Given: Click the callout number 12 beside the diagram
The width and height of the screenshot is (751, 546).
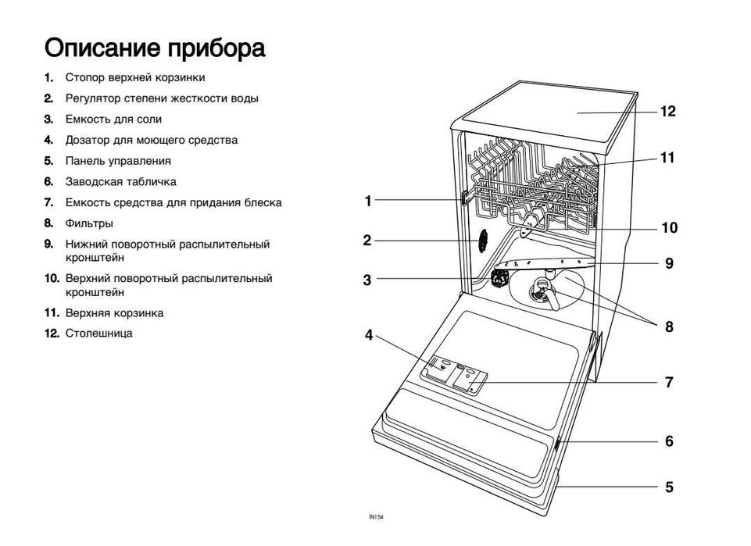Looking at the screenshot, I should tap(667, 112).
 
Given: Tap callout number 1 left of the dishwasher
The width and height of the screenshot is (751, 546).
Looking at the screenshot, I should tap(368, 201).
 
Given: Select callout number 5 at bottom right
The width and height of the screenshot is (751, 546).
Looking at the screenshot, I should tap(669, 487).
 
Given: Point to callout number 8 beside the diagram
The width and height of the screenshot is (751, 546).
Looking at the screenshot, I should tap(669, 327).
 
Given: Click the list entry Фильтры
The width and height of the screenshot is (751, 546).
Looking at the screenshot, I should tap(89, 223).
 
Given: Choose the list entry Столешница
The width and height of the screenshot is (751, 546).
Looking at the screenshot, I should tap(98, 334).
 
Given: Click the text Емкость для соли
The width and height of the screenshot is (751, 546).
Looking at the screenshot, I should tap(113, 120).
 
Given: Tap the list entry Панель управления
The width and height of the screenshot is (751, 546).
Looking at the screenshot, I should tap(118, 161).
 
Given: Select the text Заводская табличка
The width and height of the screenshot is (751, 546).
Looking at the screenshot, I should tap(120, 182).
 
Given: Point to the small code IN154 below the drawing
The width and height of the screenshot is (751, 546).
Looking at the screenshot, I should tap(377, 517).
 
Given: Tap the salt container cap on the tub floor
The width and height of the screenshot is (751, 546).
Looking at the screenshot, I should tap(501, 277).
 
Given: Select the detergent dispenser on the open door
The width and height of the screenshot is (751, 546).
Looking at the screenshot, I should tap(438, 368).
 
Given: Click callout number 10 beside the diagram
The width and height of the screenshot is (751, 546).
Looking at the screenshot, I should tap(669, 228).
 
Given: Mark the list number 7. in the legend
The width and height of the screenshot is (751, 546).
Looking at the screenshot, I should tap(48, 202).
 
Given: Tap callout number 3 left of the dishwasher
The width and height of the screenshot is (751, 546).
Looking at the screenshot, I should tap(367, 280).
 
